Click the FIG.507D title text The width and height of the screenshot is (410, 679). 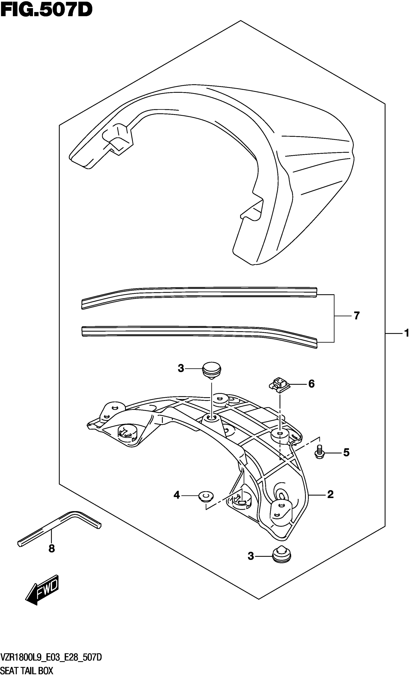(46, 10)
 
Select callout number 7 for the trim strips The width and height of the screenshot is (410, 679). (356, 316)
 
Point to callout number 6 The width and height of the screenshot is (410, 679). (311, 384)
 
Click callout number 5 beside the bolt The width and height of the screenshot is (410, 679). (346, 452)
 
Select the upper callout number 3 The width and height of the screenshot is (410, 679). (181, 368)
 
